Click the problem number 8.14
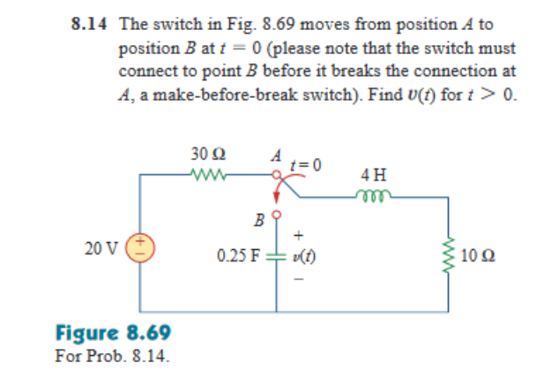click(x=90, y=26)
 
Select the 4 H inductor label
click(x=373, y=175)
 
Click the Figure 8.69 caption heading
click(x=112, y=334)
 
